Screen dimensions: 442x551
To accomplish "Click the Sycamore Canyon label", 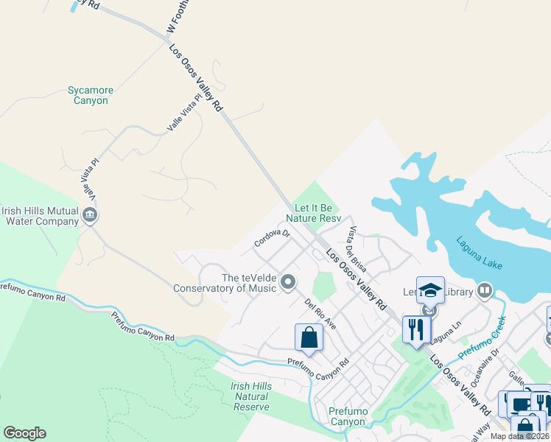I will (x=91, y=96).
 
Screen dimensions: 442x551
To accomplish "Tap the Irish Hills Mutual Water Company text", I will (x=40, y=215).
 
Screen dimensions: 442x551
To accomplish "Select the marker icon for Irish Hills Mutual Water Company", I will (x=90, y=215).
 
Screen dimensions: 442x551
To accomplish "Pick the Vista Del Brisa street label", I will (x=358, y=250).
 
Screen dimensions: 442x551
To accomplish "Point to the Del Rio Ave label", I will (x=321, y=313).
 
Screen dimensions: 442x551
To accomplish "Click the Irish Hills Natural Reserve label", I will (x=250, y=396).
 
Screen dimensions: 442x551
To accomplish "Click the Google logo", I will (x=24, y=433).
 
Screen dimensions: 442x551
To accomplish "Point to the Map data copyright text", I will (x=520, y=436).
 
